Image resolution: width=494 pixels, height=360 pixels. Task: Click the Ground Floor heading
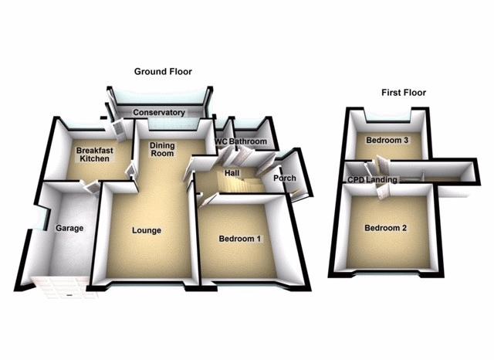click(163, 72)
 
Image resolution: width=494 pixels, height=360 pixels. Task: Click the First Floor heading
click(403, 93)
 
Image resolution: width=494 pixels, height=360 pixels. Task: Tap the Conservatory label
click(159, 113)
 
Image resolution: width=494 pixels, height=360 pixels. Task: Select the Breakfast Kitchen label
click(93, 154)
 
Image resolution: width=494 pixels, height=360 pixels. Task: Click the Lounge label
click(146, 229)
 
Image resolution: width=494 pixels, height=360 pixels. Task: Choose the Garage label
click(69, 228)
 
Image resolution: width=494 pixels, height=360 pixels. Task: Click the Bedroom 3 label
click(387, 141)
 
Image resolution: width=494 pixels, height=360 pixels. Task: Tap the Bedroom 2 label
click(385, 228)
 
